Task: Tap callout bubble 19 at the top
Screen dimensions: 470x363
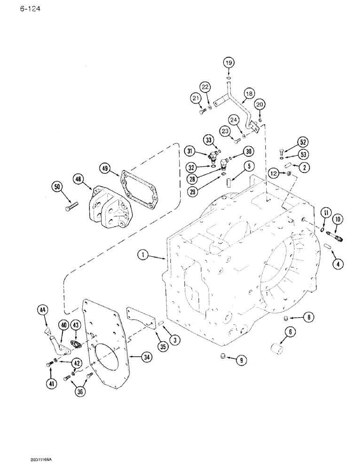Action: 229,63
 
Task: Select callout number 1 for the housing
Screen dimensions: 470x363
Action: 144,256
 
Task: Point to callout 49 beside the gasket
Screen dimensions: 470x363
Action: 105,168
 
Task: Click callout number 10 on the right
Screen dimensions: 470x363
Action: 338,219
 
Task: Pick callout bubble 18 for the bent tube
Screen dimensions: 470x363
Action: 248,94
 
